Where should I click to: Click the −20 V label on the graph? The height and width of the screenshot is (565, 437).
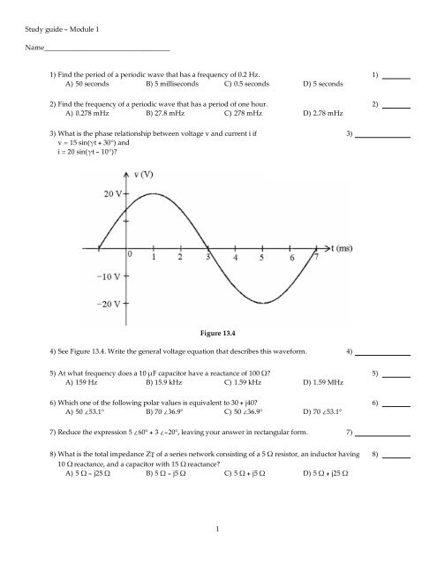pos(112,305)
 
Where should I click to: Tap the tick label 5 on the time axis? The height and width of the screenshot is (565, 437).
pos(261,259)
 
